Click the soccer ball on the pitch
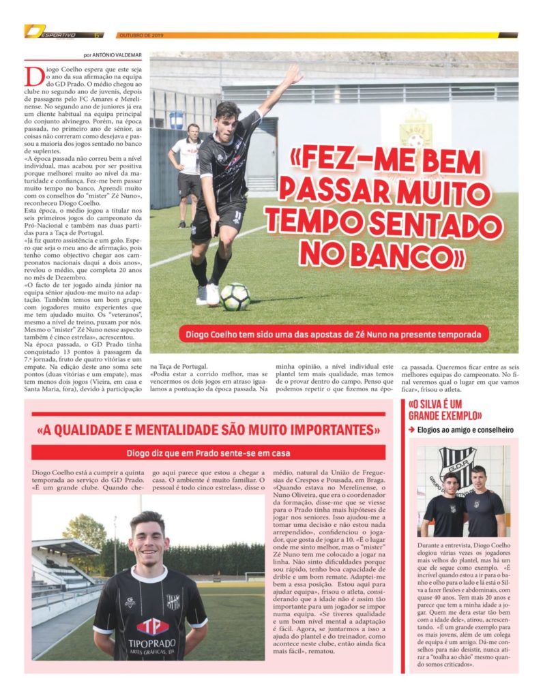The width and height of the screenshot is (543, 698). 235,297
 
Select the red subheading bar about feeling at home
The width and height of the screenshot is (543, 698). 208,453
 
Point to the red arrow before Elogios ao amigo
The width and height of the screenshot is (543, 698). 412,430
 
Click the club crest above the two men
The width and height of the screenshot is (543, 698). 456,463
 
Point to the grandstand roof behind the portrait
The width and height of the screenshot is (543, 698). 65,546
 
